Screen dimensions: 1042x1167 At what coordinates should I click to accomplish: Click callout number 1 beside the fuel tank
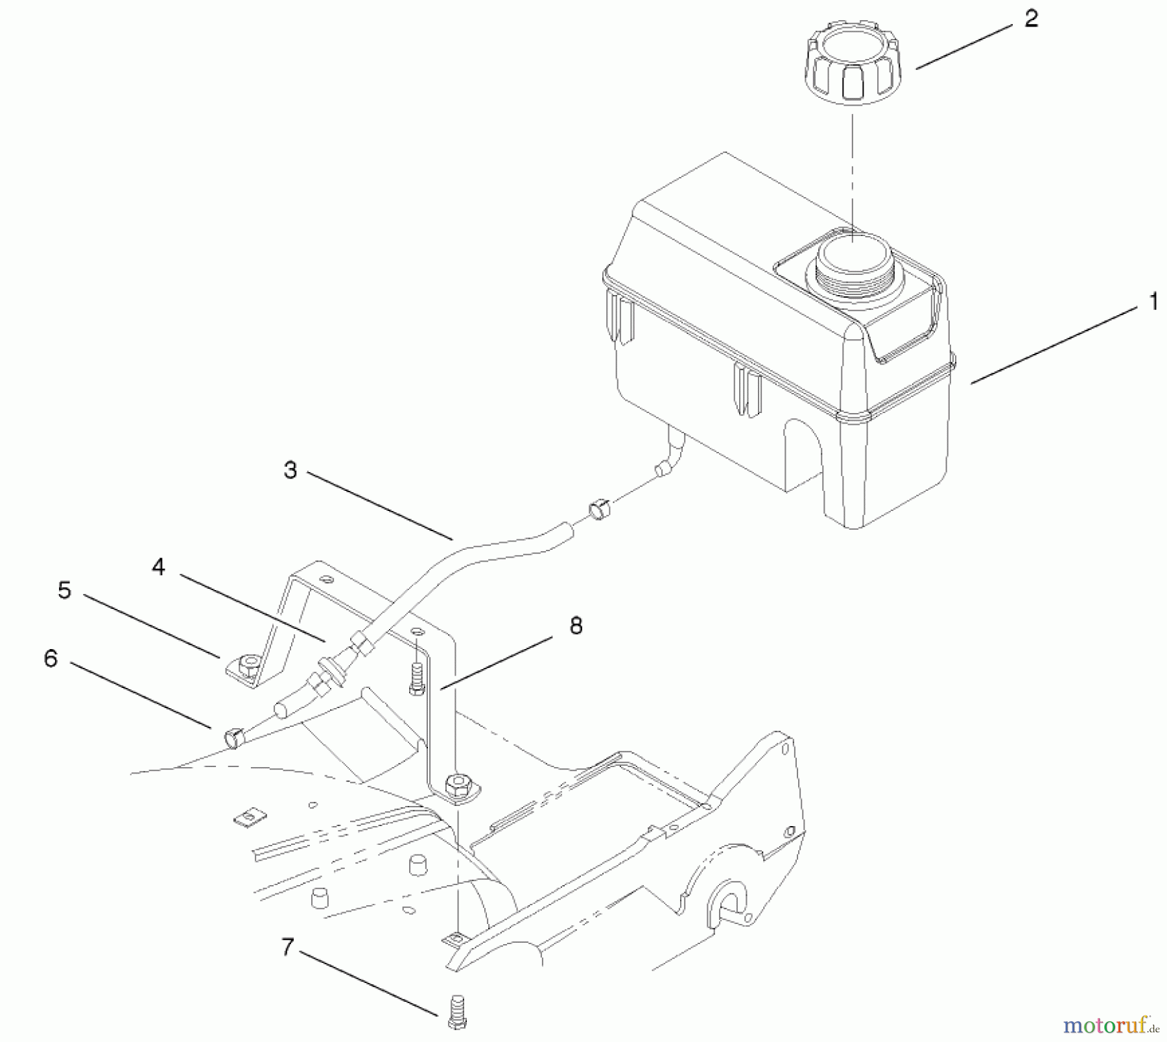click(x=1152, y=302)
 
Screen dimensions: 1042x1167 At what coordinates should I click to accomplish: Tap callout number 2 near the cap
click(x=1031, y=19)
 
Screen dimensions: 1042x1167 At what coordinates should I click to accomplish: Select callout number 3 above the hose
click(x=290, y=470)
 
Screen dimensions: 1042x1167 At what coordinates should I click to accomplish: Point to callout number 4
click(x=159, y=567)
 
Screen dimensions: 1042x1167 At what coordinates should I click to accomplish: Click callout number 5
click(x=64, y=591)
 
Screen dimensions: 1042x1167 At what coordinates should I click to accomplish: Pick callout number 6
click(x=51, y=659)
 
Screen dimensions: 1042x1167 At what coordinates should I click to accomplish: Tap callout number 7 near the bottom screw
click(x=288, y=947)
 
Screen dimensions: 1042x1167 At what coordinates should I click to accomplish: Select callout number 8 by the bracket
click(x=576, y=626)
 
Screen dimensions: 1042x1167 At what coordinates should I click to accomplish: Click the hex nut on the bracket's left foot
click(x=246, y=665)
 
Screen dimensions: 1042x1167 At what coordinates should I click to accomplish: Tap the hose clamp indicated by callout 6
click(x=233, y=737)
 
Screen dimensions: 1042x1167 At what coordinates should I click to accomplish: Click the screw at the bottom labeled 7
click(x=456, y=1012)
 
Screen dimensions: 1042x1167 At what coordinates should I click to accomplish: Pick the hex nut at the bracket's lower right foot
click(x=459, y=785)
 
